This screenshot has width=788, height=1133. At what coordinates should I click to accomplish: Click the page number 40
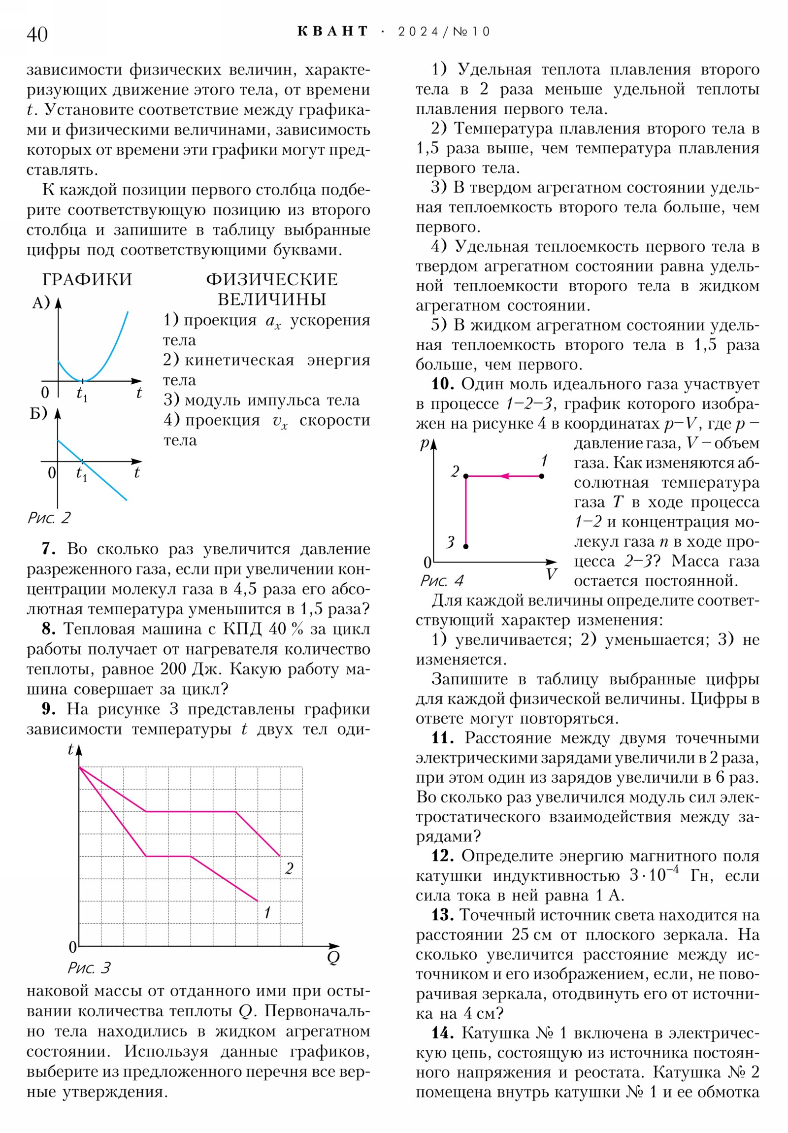point(37,34)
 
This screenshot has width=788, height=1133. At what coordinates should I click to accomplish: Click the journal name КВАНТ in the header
point(332,32)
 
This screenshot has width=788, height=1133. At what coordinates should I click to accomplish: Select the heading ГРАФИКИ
point(87,279)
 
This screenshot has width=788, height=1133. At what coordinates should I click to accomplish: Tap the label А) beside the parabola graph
point(40,302)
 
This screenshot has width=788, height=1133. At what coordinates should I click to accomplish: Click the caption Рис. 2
point(49,518)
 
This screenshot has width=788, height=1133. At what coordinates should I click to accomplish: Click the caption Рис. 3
point(89,967)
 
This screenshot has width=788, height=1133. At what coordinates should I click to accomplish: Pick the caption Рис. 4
point(442,580)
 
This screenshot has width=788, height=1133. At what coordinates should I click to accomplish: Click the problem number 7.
point(48,549)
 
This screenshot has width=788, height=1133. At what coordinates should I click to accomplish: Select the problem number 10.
point(443,384)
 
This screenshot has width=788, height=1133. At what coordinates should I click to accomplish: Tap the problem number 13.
point(442,915)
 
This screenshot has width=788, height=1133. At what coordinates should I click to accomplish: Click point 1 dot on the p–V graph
point(542,476)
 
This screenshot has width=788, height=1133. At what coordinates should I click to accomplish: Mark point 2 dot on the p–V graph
point(466,476)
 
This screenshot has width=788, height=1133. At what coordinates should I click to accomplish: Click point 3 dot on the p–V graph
point(466,546)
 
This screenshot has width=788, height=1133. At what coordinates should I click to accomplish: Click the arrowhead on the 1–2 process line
point(504,476)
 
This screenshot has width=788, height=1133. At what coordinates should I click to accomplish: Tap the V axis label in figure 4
point(551,574)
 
